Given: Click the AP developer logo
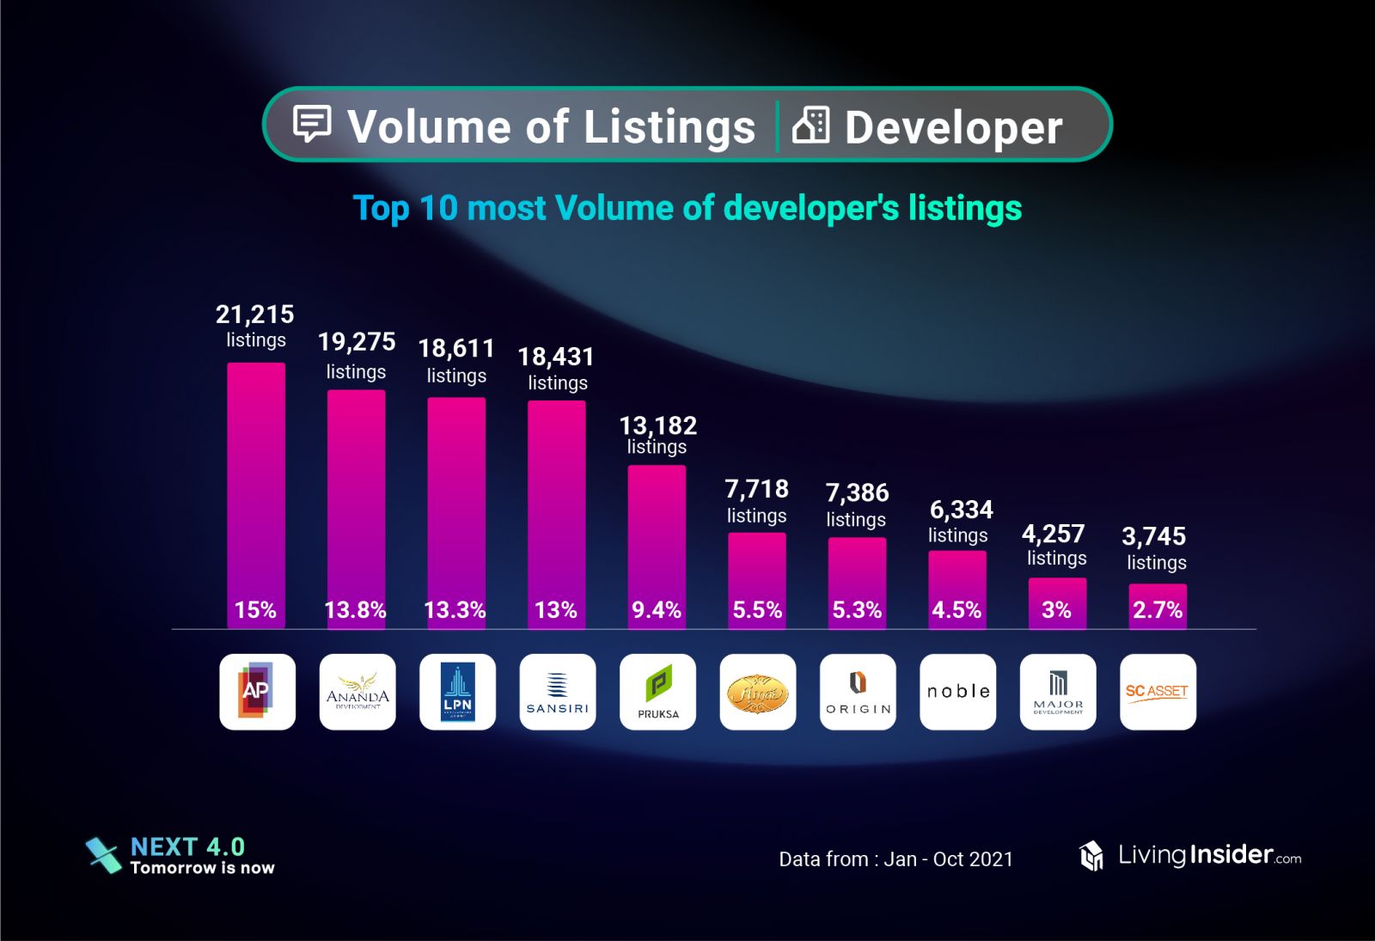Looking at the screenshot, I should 257,692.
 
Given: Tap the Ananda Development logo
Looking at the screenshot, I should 357,692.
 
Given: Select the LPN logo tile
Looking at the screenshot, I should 457,692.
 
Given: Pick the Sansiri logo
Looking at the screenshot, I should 558,692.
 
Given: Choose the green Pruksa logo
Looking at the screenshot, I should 657,692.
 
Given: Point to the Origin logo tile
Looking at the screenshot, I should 858,692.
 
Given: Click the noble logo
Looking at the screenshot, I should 958,692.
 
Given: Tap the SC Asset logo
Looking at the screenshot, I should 1158,692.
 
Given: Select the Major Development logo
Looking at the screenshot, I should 1058,692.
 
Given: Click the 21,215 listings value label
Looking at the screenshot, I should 255,315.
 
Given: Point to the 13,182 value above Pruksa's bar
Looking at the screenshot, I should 658,425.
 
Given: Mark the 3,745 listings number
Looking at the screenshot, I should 1154,536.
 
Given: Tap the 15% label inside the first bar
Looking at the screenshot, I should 255,610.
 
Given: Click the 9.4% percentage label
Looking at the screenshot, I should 657,610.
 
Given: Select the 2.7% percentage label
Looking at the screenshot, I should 1158,610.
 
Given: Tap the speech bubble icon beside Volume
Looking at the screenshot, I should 312,124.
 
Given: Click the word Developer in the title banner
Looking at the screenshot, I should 953,128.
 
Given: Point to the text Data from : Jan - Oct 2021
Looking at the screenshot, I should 895,859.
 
